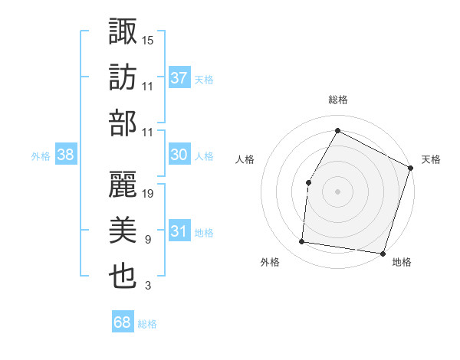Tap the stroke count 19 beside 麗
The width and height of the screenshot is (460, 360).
tap(149, 193)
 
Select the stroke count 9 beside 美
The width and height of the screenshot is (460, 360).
tap(148, 240)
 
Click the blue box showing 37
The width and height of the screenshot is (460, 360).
tap(179, 78)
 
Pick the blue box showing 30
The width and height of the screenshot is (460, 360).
tap(179, 155)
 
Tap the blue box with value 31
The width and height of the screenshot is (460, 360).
tap(179, 231)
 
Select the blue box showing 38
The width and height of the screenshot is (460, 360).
tap(66, 155)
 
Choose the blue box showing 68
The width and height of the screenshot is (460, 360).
tap(123, 323)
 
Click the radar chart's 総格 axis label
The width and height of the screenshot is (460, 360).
tap(338, 100)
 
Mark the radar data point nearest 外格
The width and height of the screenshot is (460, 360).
tap(302, 242)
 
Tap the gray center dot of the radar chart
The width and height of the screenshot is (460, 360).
tap(337, 191)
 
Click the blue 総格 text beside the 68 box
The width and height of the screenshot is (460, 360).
tap(147, 324)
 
